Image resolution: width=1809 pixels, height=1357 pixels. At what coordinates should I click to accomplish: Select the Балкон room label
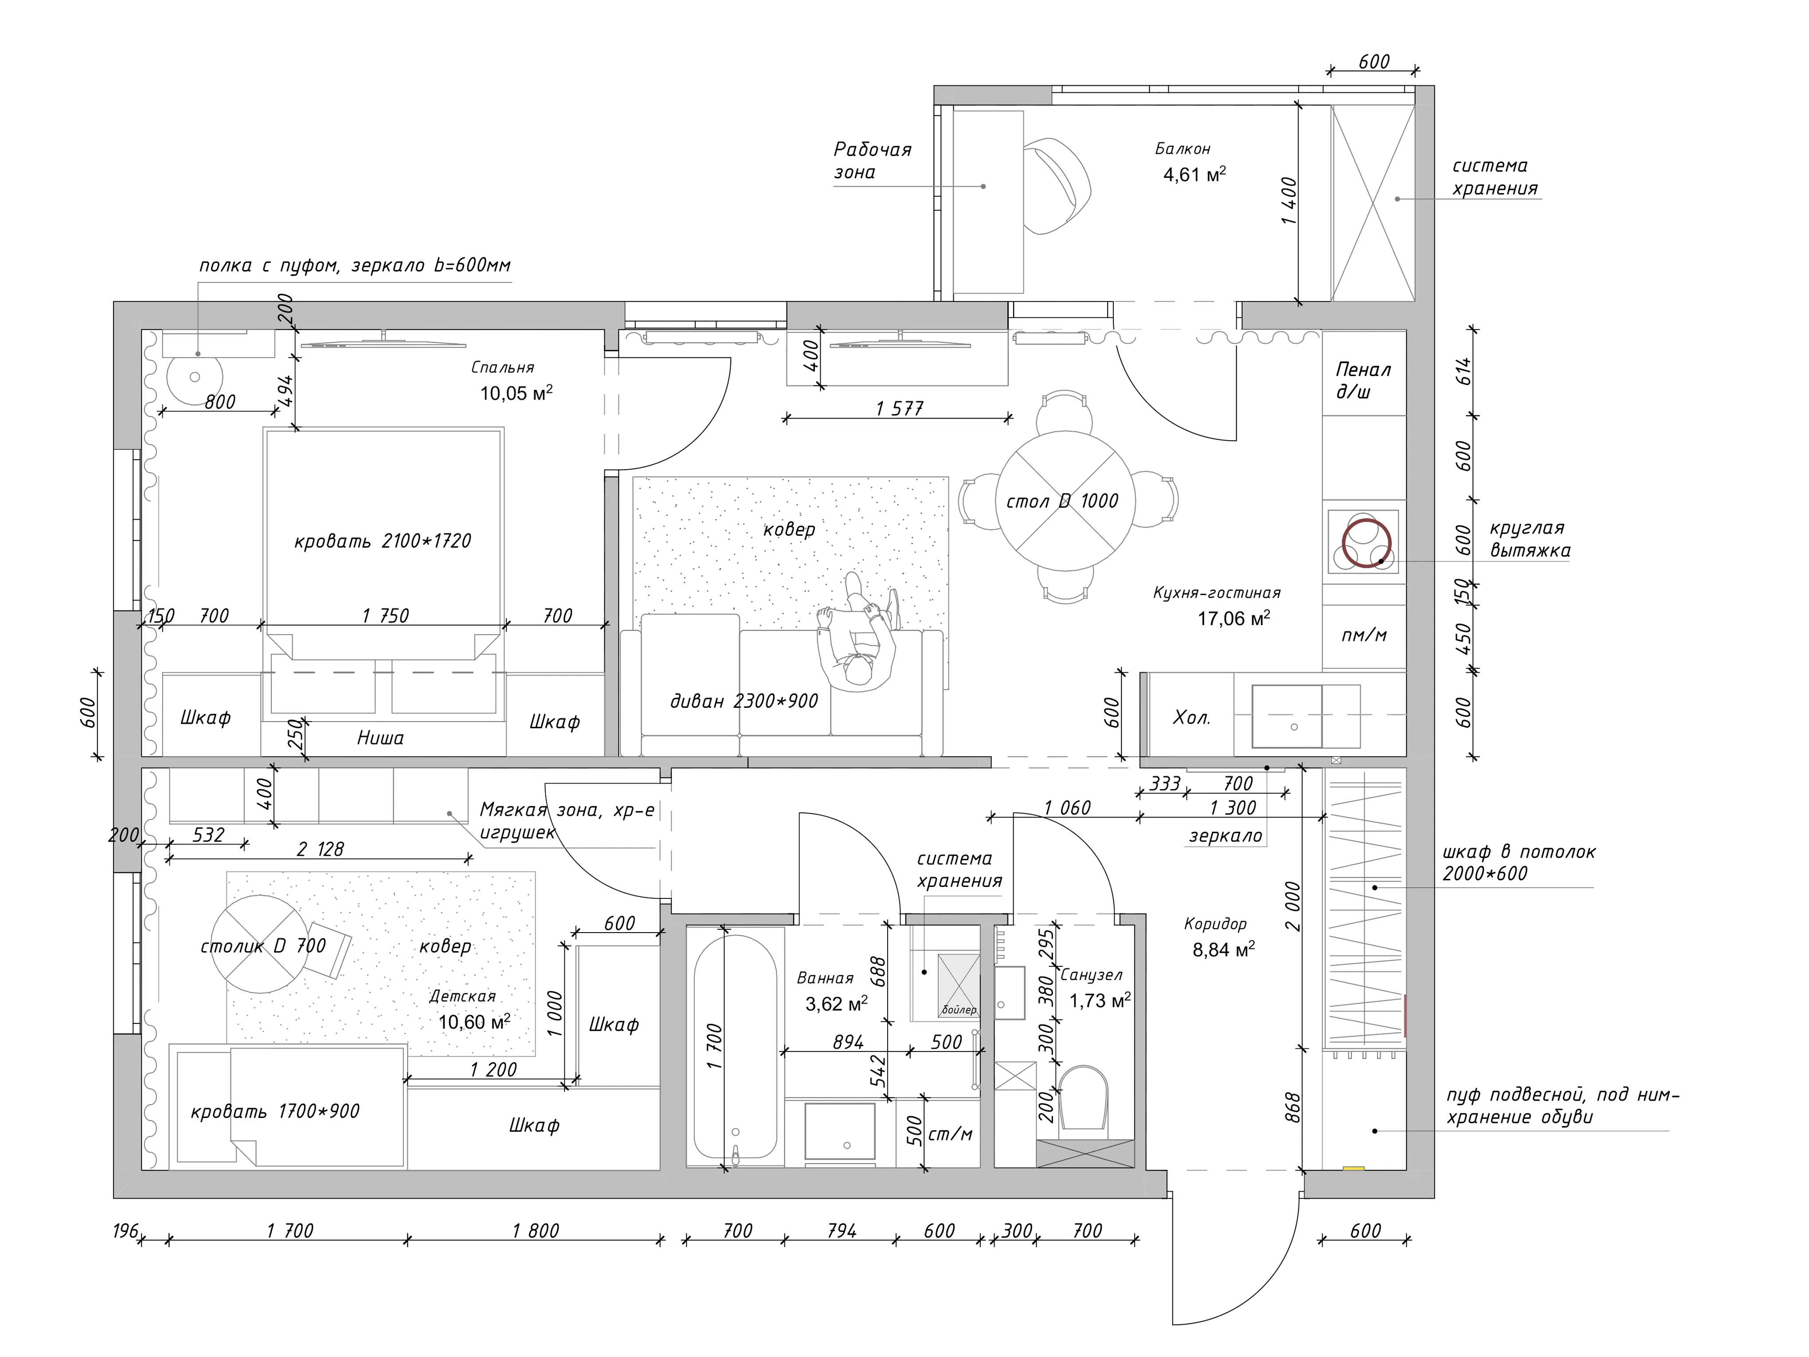click(x=1183, y=149)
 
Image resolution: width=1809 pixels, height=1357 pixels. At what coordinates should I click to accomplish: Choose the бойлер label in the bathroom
click(x=959, y=1010)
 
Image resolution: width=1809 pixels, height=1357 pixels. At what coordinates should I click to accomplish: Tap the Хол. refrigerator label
click(x=1191, y=718)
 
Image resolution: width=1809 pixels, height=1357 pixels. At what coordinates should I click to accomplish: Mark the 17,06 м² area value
click(x=1234, y=618)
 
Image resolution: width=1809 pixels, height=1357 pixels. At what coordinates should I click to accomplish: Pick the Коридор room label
click(x=1215, y=924)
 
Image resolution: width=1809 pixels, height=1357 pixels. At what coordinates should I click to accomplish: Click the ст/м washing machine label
click(x=950, y=1134)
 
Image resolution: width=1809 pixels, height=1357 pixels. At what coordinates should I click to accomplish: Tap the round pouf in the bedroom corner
click(x=195, y=377)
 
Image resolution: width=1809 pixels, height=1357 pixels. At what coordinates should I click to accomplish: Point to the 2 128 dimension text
click(x=320, y=849)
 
